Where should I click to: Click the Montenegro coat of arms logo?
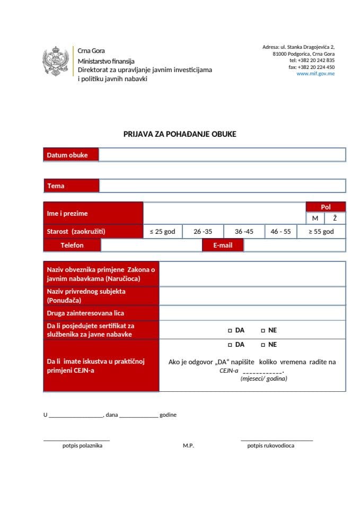(56, 62)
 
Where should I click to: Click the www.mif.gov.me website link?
(315, 74)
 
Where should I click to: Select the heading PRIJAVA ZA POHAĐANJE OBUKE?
(180, 134)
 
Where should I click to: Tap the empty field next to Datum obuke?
(222, 155)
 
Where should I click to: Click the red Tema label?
(71, 186)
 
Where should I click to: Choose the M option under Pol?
(315, 218)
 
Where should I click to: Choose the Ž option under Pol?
(335, 218)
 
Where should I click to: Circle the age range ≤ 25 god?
(162, 232)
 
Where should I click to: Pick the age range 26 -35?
(203, 232)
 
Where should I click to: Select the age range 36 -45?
(244, 232)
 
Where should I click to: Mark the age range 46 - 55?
(280, 232)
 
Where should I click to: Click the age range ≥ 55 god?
(321, 232)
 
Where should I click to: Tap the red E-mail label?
(223, 245)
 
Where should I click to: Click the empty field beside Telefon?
(151, 245)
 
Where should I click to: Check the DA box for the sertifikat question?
(230, 330)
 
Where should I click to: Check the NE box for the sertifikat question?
(263, 330)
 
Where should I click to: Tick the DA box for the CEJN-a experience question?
(230, 345)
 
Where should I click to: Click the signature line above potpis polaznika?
(76, 440)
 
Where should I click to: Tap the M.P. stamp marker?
(188, 446)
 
